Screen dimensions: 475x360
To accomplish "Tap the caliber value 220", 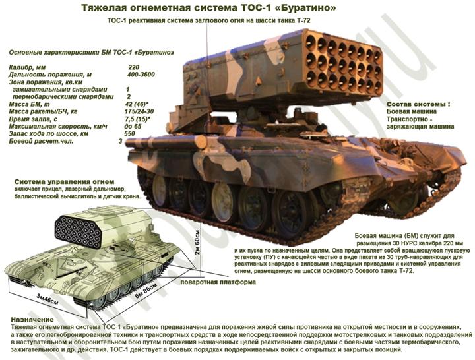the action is (x=133, y=67).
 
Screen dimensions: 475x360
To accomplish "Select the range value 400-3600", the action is (x=141, y=75).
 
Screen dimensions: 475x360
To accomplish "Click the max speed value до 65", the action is (x=133, y=126).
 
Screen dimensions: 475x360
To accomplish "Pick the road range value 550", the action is (x=130, y=134).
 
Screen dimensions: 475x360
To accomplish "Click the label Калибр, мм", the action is (x=27, y=67).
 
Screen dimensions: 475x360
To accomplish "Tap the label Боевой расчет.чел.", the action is (x=41, y=141).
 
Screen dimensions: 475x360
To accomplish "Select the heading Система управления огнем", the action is (x=64, y=182).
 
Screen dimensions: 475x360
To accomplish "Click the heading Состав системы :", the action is (x=418, y=104).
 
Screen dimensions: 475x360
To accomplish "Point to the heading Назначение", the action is (x=32, y=320).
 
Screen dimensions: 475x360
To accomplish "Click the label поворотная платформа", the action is (x=218, y=282).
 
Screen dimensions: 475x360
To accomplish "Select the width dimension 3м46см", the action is (x=47, y=299).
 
